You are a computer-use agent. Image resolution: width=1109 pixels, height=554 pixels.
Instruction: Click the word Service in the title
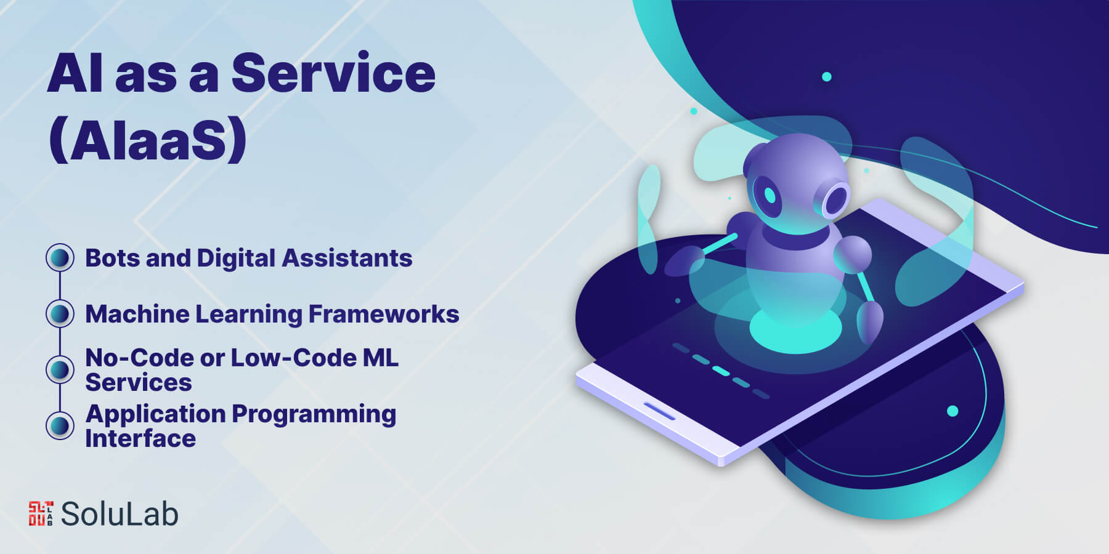[333, 73]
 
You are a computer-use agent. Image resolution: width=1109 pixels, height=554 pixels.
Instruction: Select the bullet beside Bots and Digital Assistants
[60, 257]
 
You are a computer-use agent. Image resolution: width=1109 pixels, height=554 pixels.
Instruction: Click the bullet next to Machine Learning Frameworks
[60, 313]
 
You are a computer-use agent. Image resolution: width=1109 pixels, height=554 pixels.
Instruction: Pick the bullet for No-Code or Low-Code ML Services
[60, 369]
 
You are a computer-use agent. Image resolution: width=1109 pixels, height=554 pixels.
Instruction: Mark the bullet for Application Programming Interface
[60, 425]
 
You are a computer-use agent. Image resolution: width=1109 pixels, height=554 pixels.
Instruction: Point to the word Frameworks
[384, 314]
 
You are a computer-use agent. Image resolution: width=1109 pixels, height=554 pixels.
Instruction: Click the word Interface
[140, 438]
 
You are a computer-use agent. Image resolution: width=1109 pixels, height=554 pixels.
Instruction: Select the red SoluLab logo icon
[41, 513]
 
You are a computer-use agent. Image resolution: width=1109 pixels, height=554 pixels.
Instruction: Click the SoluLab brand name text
[120, 514]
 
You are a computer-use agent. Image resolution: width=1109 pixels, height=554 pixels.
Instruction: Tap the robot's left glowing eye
[770, 195]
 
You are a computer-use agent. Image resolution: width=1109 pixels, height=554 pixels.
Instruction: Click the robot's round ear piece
[835, 198]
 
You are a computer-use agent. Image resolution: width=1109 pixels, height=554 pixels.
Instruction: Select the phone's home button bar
[659, 411]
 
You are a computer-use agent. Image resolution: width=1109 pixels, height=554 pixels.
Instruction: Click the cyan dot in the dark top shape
[827, 77]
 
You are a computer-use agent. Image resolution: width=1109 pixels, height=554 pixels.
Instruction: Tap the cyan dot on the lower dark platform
[953, 411]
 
